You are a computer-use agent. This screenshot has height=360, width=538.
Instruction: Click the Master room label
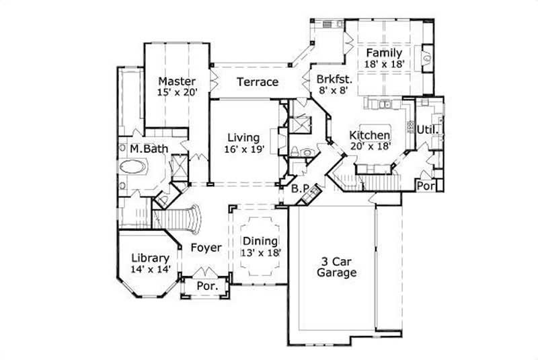[x=178, y=81]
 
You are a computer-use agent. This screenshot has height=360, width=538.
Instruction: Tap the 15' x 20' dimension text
[x=178, y=93]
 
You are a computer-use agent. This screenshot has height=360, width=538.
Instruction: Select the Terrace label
[x=257, y=82]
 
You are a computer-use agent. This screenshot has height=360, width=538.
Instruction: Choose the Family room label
[x=383, y=52]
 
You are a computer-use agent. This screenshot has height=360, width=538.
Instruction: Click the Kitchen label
[x=369, y=135]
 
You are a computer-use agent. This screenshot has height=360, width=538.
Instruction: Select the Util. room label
[x=428, y=129]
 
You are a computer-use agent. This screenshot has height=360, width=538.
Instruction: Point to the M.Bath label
[x=149, y=148]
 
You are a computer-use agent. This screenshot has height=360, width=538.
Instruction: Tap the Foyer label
[x=205, y=248]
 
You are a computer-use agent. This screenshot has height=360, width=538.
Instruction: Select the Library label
[x=151, y=258]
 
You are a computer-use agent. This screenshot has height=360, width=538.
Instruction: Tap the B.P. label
[x=299, y=189]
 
